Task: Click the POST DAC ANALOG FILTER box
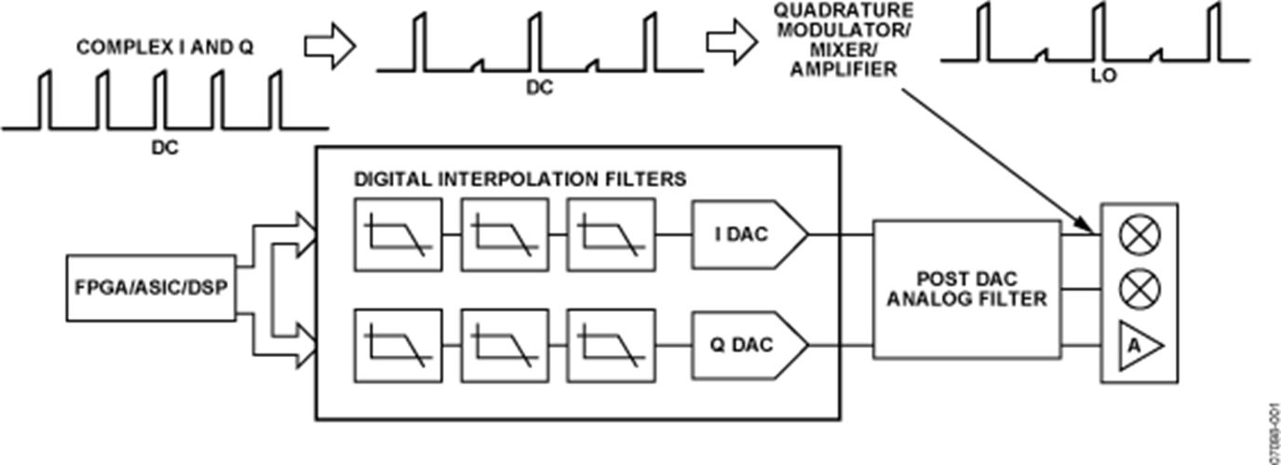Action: [965, 289]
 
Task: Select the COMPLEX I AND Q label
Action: [164, 46]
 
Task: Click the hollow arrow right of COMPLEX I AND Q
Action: [330, 46]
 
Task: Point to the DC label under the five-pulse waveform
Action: [164, 147]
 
